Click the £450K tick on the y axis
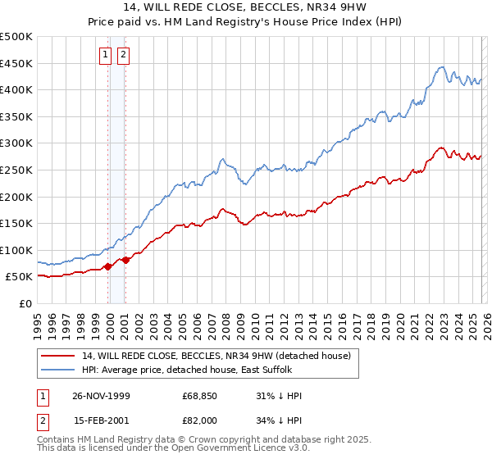(x=16, y=63)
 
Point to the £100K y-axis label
(x=16, y=250)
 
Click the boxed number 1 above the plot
(x=107, y=55)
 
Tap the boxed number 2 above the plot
(x=124, y=55)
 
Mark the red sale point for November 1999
(x=108, y=266)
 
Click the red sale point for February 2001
(x=125, y=260)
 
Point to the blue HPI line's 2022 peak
(x=441, y=67)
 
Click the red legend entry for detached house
(x=216, y=355)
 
